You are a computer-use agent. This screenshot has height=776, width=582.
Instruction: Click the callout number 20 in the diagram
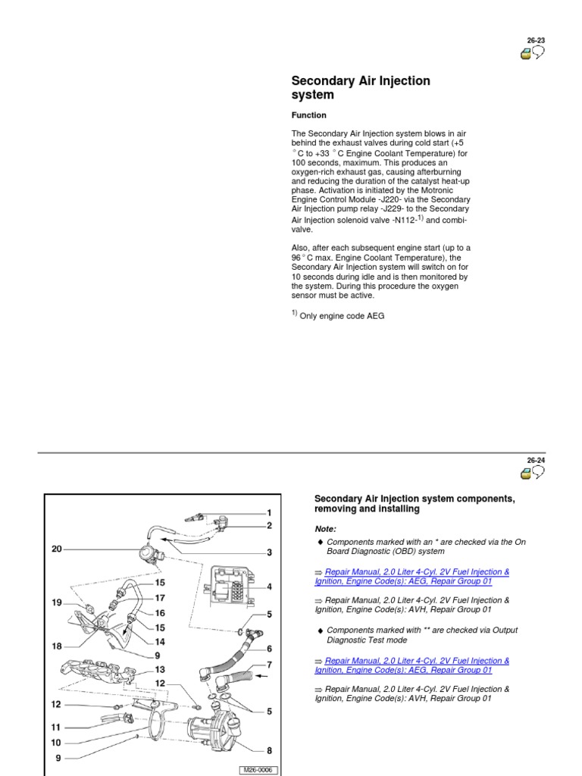tap(57, 549)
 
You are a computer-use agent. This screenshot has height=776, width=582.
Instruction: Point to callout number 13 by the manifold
tap(160, 669)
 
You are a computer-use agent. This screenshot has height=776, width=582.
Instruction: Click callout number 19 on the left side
tap(57, 602)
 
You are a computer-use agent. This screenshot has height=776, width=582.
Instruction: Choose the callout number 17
tap(160, 597)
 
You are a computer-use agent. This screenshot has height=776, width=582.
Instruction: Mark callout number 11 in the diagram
tap(57, 727)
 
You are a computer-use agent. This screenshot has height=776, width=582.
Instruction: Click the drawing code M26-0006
tap(257, 770)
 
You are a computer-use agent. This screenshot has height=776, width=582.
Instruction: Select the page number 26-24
tap(536, 461)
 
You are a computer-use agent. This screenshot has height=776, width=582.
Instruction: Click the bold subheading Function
tap(309, 115)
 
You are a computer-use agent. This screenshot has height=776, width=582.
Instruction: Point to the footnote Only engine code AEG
tap(342, 316)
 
